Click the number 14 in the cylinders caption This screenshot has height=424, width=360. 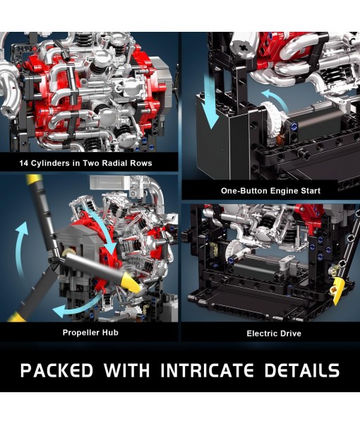(x=26, y=163)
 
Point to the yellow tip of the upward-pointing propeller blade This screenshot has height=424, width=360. (x=32, y=182)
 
